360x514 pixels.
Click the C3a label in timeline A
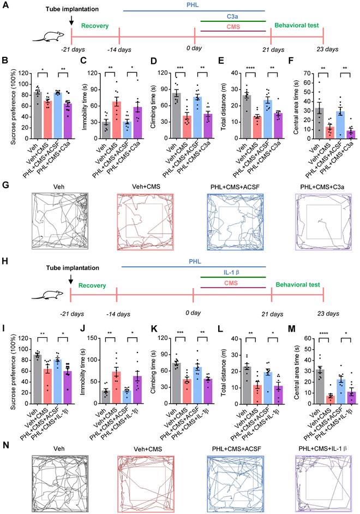click(232, 16)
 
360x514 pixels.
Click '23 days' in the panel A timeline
click(323, 50)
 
